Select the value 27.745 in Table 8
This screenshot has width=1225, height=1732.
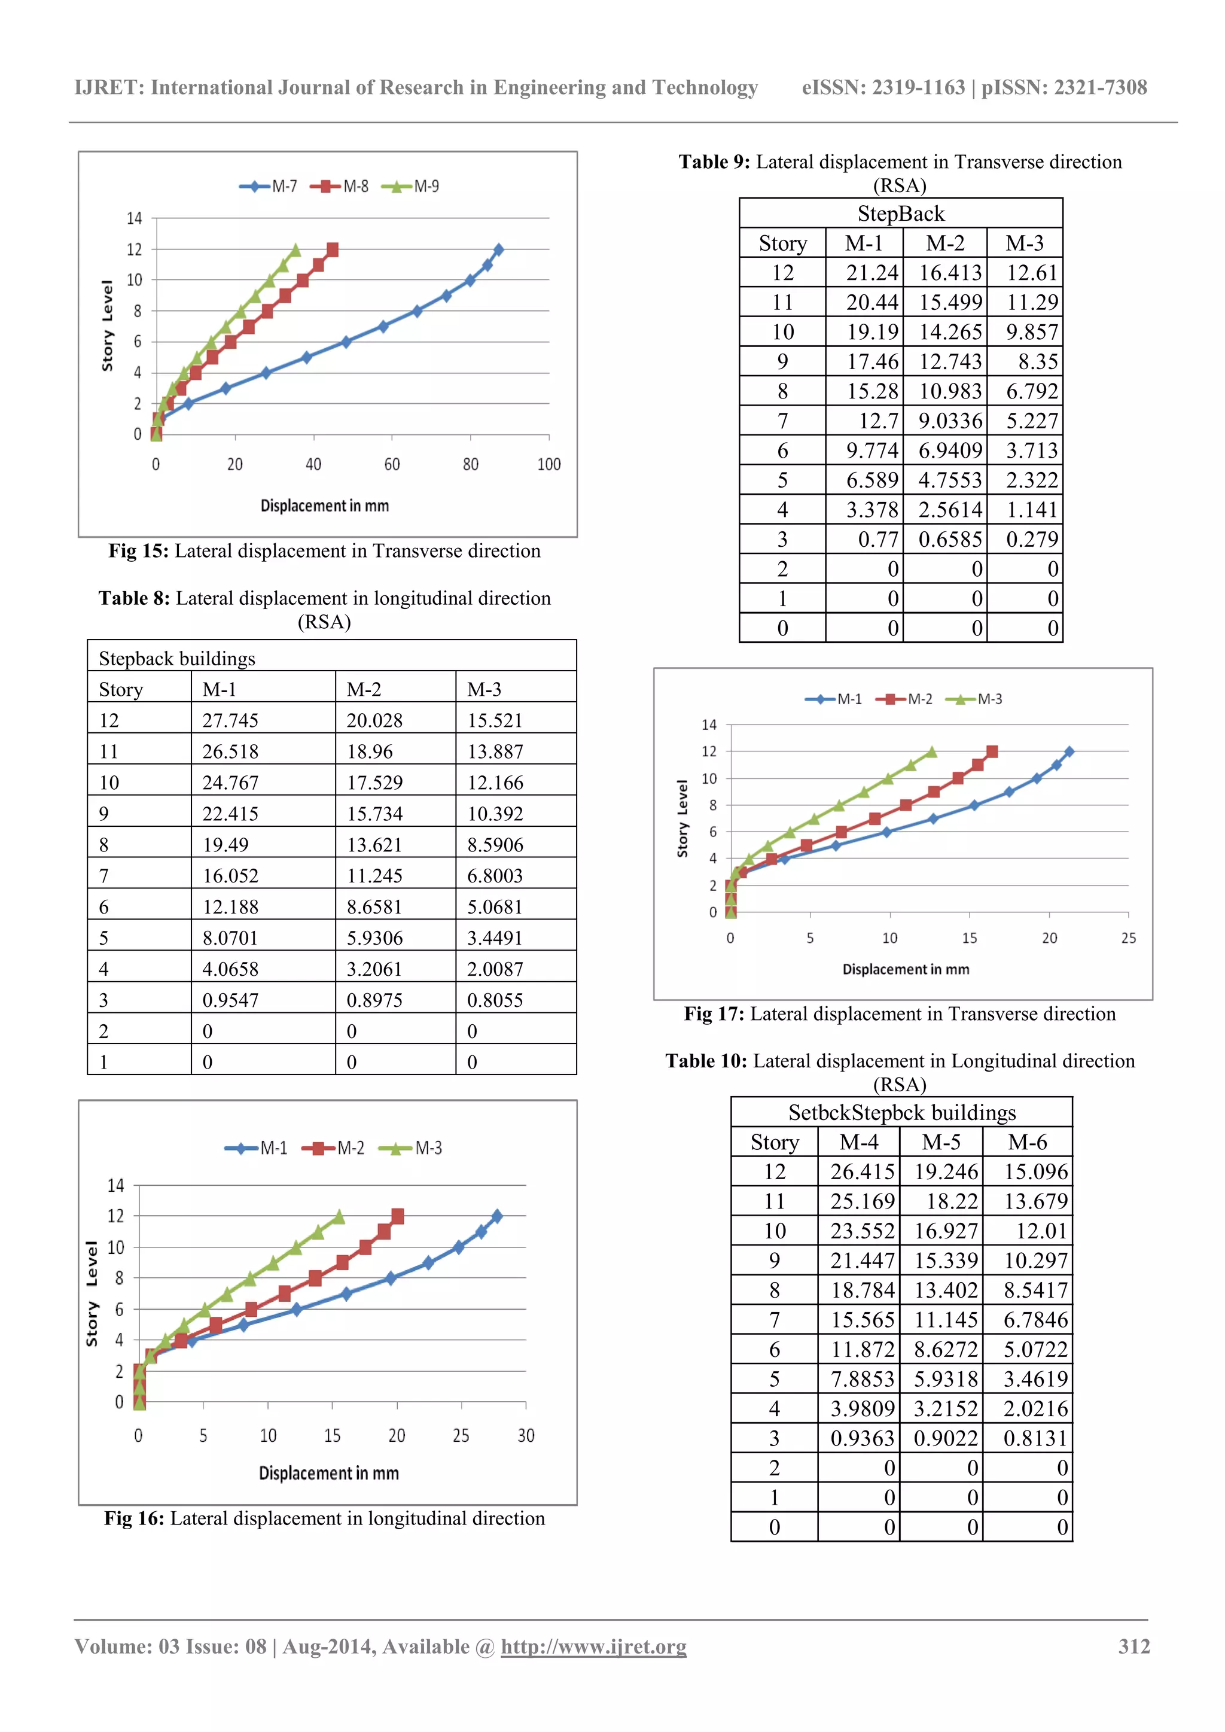coord(230,720)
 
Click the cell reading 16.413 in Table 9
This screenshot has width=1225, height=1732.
coord(950,272)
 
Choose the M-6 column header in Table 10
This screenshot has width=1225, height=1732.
coord(1028,1142)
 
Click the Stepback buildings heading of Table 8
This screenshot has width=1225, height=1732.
coord(177,659)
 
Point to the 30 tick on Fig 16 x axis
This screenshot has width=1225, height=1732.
coord(526,1435)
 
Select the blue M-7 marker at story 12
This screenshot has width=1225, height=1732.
coord(498,249)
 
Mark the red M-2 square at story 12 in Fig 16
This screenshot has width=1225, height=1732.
coord(398,1216)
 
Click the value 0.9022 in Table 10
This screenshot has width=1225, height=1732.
coord(945,1439)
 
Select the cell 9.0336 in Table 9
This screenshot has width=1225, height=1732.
coord(950,421)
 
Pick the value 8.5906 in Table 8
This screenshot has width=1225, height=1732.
coord(495,845)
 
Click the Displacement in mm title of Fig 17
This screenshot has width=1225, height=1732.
coord(905,969)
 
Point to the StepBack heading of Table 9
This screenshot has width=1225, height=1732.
coord(901,214)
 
